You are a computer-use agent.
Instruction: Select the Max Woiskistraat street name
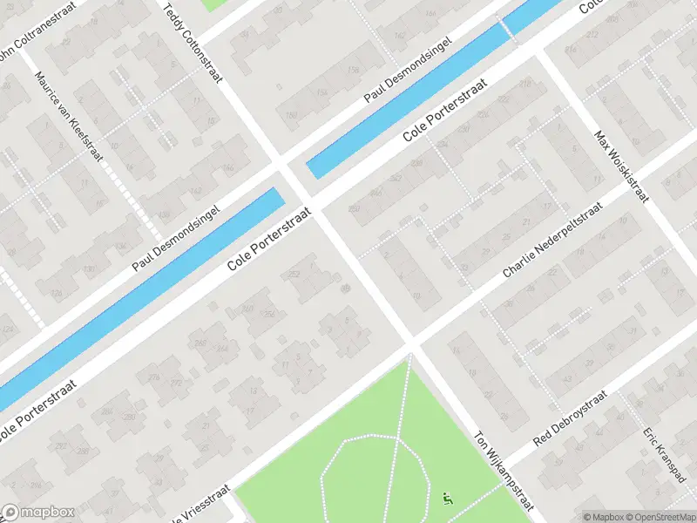[x=621, y=166]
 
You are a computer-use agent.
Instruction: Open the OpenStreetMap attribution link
[x=661, y=516]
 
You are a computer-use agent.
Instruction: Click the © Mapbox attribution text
[x=604, y=516]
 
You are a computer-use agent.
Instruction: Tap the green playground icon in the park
[x=448, y=499]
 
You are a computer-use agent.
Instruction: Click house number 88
[x=345, y=289]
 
